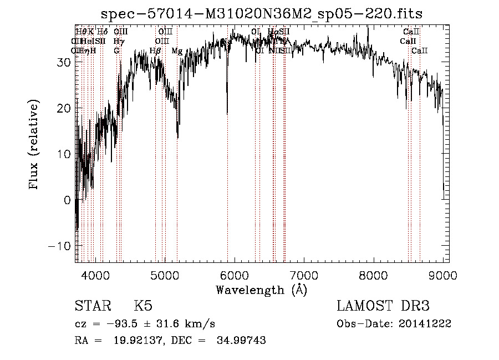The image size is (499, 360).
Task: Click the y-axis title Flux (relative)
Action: click(35, 144)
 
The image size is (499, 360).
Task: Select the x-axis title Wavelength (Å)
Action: click(262, 290)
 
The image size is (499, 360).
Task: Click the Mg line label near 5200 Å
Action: click(177, 51)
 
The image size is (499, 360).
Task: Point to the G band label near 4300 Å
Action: click(117, 51)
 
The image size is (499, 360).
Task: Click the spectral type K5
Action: click(143, 306)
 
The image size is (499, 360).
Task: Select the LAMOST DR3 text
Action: click(383, 306)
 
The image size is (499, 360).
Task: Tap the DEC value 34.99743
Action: click(243, 341)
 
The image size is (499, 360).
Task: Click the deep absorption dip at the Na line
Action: click(227, 111)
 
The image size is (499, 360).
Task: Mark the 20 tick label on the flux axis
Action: click(65, 108)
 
